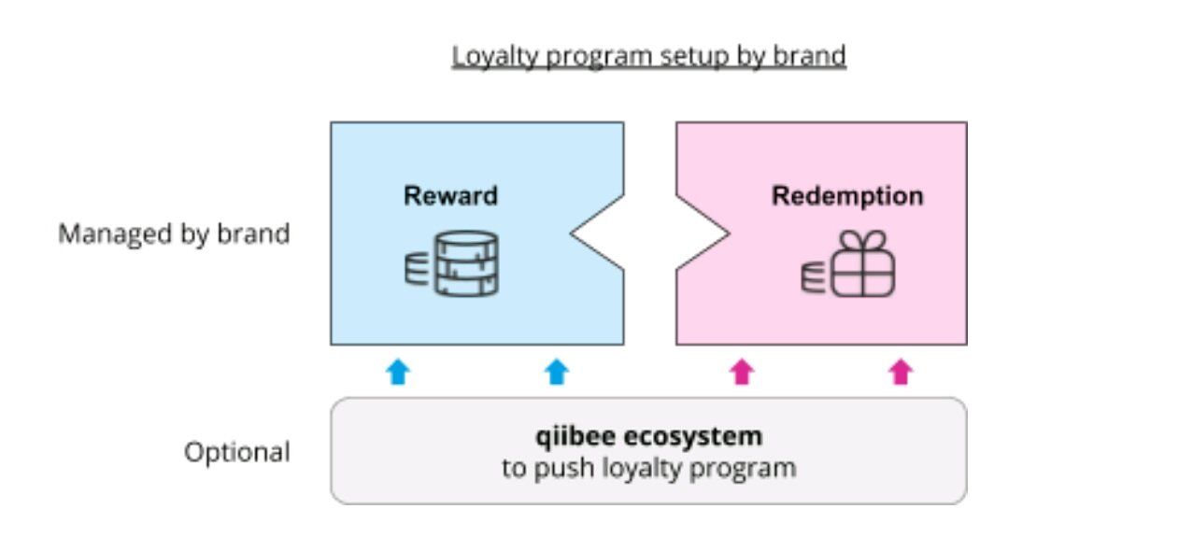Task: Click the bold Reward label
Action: [x=450, y=196]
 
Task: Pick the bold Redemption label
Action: [x=847, y=196]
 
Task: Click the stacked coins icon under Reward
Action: [x=451, y=264]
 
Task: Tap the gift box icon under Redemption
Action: [x=847, y=263]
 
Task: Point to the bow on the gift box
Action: [x=862, y=241]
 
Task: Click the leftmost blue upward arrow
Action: [x=398, y=372]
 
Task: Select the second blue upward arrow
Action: [x=557, y=372]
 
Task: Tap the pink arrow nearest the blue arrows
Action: [x=742, y=372]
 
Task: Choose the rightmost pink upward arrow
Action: [x=901, y=372]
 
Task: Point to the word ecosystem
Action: [x=693, y=437]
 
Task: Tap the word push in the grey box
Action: [x=563, y=468]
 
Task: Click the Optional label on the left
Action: [x=237, y=452]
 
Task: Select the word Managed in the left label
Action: [x=115, y=234]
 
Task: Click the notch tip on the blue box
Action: [x=571, y=233]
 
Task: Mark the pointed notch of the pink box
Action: [x=730, y=233]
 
